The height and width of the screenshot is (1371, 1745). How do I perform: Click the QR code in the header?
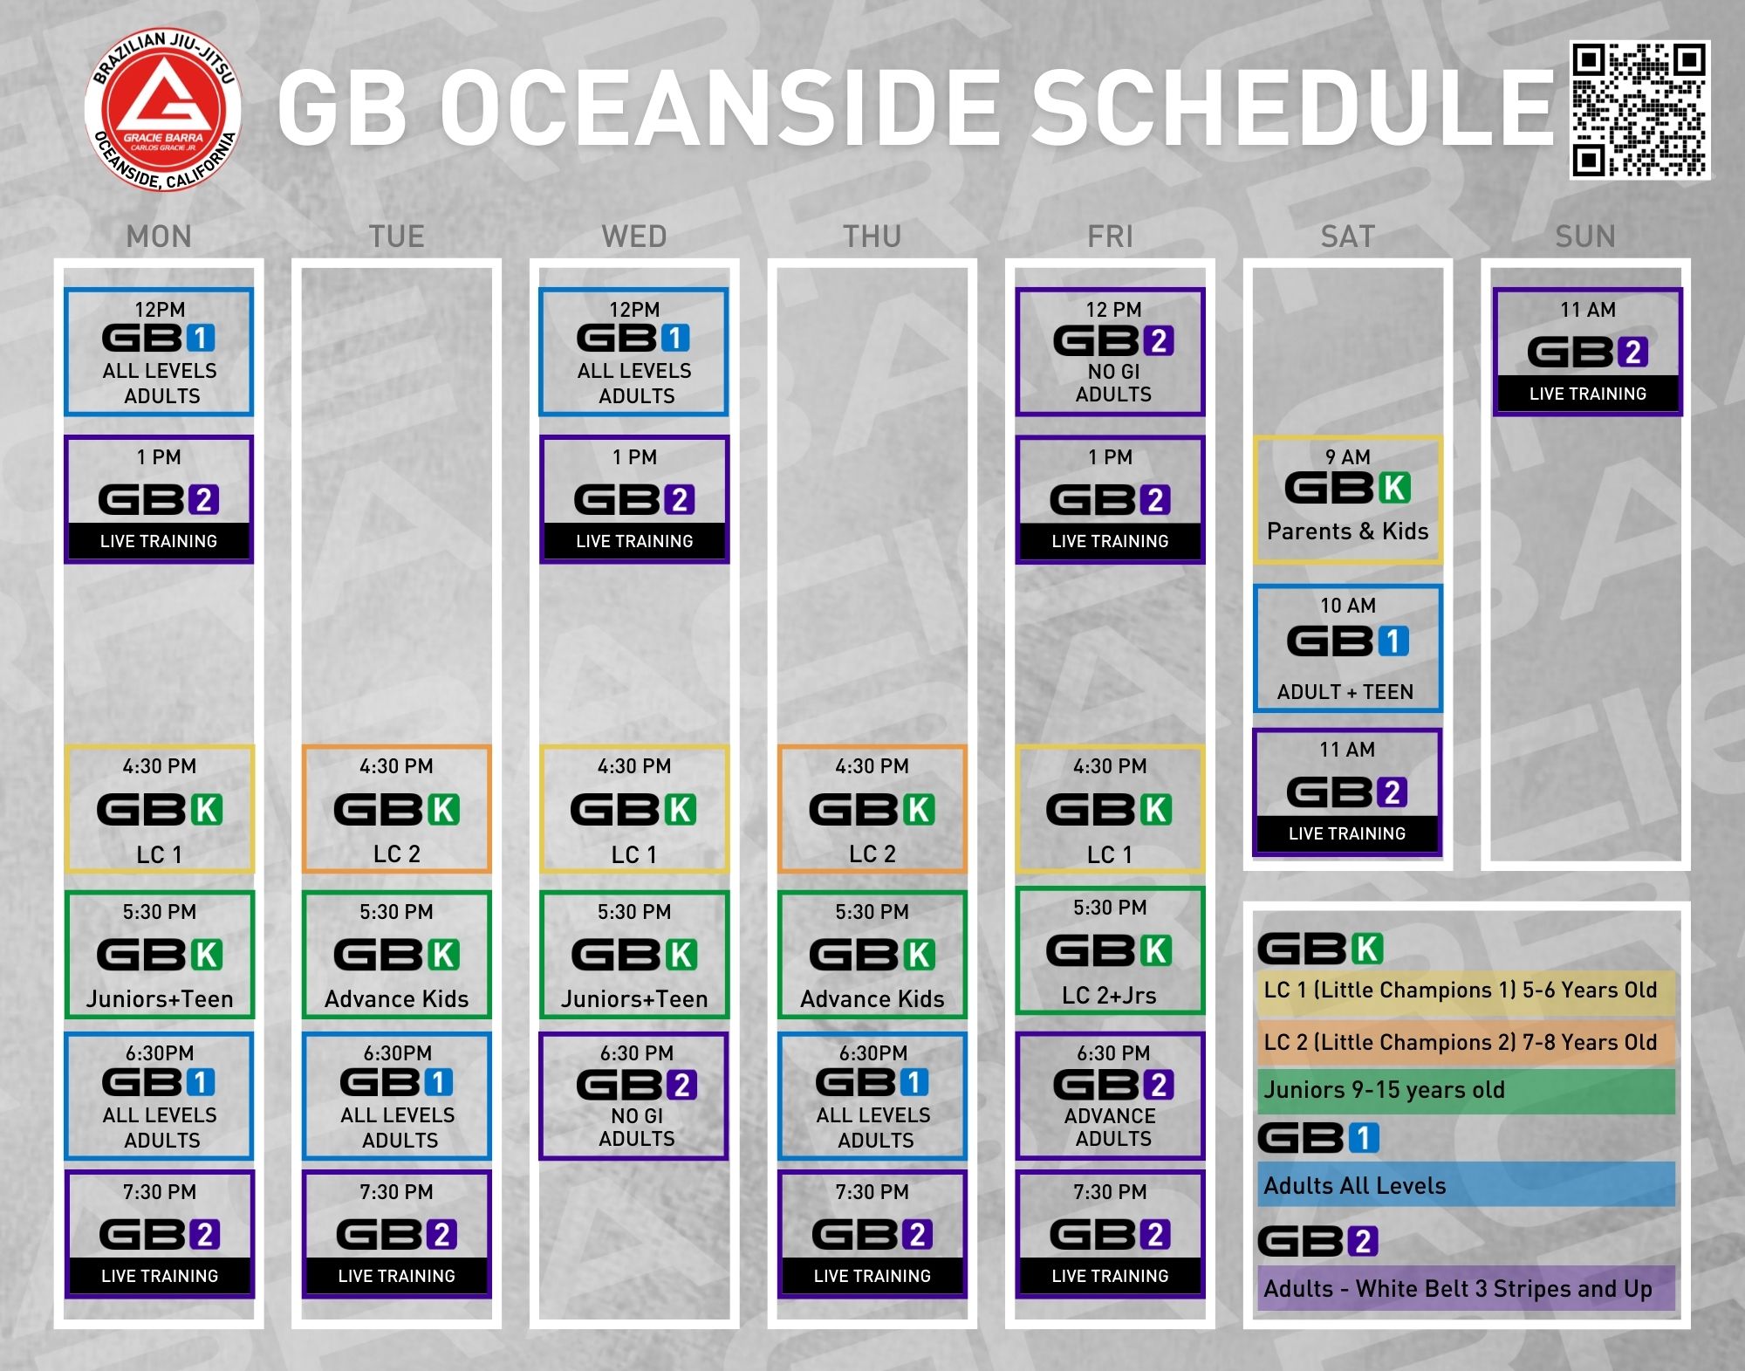pos(1639,110)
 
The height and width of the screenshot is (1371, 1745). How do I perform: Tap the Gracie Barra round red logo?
pos(162,110)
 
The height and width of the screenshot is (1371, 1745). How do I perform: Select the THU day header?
pos(872,236)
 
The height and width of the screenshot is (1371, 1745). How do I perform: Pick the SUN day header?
pos(1585,236)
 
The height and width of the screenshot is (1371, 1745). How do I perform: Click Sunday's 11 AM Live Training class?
pos(1587,352)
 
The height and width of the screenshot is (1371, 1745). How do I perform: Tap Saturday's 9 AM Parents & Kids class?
pos(1347,499)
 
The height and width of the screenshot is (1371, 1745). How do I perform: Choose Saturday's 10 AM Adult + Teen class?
pos(1347,648)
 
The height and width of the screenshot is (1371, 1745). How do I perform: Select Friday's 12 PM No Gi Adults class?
pos(1110,352)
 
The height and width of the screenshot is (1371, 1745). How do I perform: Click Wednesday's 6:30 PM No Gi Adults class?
pos(633,1096)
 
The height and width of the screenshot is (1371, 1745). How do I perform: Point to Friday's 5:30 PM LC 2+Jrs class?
pos(1110,951)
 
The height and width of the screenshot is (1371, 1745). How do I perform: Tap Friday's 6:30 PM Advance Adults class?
pos(1110,1096)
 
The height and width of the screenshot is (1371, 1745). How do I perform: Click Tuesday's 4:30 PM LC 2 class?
pos(396,809)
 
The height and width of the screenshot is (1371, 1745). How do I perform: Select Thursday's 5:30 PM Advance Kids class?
pos(872,955)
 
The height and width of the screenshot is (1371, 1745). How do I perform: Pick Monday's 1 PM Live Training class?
pos(159,499)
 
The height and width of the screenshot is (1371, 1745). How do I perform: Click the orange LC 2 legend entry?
pos(1466,1042)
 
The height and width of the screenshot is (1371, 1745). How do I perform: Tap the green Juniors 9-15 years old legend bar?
pos(1466,1091)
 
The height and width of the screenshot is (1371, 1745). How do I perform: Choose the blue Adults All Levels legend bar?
pos(1466,1185)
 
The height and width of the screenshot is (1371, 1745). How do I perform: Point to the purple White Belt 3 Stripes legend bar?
pos(1466,1288)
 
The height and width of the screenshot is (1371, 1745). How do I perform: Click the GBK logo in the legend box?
pos(1320,949)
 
